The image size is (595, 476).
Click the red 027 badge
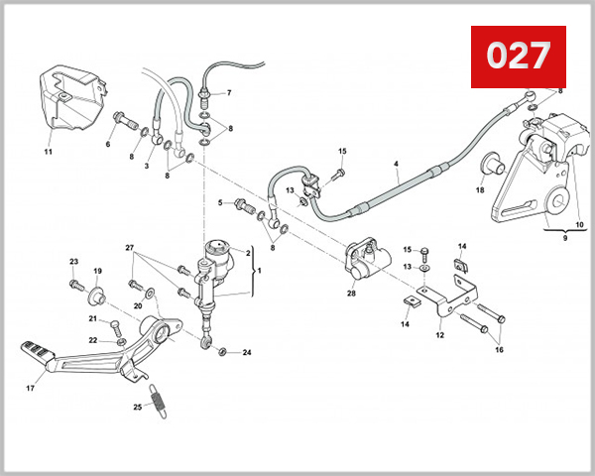point(517,56)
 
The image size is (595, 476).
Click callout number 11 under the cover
point(47,153)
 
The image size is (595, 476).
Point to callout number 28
point(351,294)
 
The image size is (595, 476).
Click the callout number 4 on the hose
point(396,163)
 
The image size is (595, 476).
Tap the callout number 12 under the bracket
point(439,334)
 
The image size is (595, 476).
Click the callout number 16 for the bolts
point(499,349)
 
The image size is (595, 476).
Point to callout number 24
point(247,353)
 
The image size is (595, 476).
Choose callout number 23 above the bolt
point(72,262)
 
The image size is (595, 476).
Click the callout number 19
point(97,271)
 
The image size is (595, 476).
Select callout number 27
point(129,246)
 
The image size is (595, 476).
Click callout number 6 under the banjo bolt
point(108,144)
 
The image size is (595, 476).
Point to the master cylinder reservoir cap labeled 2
point(216,247)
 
